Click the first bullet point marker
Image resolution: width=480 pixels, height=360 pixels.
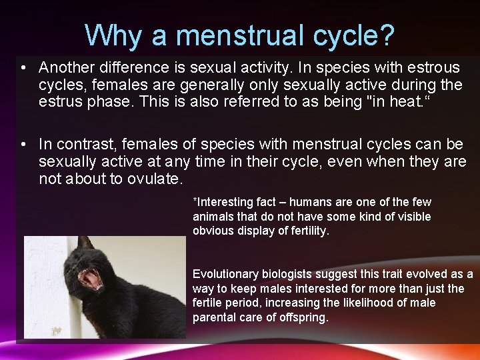pos(23,68)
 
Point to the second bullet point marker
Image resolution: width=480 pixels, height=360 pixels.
pos(23,144)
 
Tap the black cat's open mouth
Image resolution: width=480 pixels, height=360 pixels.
pos(92,278)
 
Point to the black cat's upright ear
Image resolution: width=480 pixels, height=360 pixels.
pos(85,243)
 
